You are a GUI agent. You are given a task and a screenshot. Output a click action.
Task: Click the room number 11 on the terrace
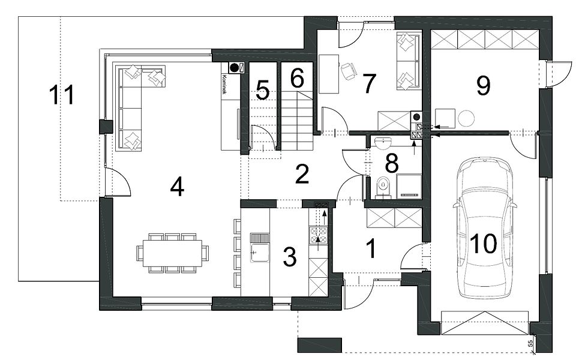(62, 95)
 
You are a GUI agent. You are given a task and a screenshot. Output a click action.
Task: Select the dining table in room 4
(172, 253)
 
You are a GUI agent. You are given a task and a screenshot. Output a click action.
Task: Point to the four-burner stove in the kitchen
(319, 236)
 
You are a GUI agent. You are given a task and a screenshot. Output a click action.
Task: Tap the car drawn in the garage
(484, 228)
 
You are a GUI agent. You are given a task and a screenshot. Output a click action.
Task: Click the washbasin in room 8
(383, 142)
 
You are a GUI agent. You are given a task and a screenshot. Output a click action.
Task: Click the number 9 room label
(484, 85)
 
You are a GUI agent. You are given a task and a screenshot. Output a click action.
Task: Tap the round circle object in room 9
(466, 118)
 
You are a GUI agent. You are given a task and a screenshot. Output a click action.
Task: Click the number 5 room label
(263, 91)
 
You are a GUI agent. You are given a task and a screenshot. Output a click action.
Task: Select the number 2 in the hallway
(302, 174)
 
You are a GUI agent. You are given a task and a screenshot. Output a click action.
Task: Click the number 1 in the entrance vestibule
(372, 248)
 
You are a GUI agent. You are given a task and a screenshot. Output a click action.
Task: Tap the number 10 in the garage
(484, 244)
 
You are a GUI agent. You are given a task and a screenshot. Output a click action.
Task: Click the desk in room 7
(329, 74)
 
